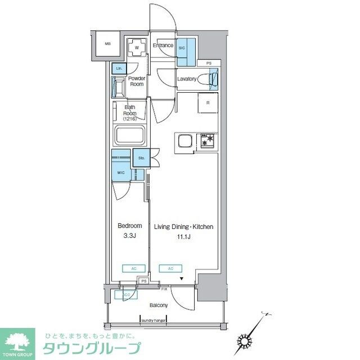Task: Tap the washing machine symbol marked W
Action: (137, 48)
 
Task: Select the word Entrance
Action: (163, 46)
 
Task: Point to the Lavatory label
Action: (186, 79)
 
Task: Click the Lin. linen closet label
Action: (119, 69)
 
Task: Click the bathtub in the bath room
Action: (130, 137)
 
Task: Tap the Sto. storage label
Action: (141, 158)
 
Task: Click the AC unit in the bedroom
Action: (133, 268)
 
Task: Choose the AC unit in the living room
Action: (170, 268)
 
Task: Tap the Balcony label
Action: (158, 305)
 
